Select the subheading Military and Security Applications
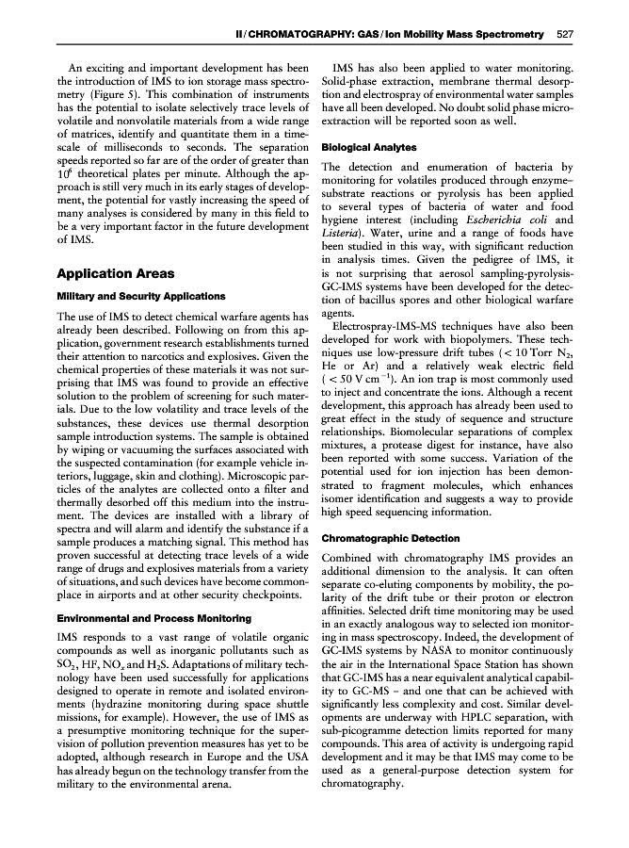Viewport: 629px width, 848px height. (x=140, y=296)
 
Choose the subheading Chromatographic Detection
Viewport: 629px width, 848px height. (x=390, y=539)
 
